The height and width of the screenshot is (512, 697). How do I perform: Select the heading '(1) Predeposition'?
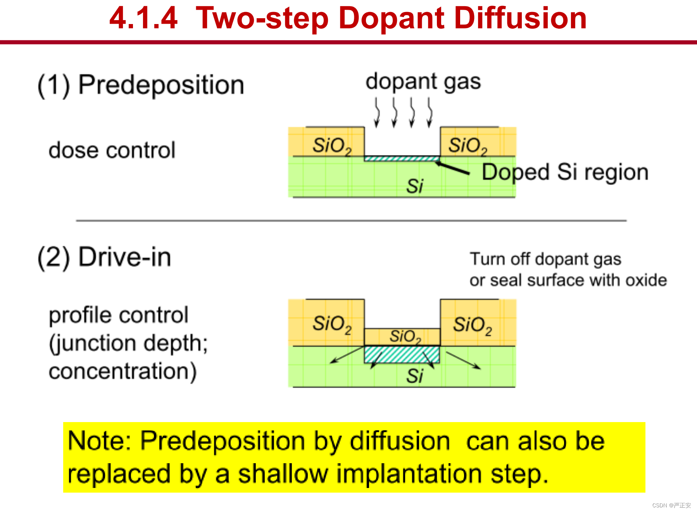141,85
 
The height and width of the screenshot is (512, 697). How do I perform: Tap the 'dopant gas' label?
423,82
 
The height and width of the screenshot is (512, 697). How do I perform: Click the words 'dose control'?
112,150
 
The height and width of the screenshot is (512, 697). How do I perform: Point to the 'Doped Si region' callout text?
565,172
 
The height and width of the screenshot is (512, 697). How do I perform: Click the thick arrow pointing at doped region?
452,167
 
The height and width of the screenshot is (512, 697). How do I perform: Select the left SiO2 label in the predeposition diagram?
332,146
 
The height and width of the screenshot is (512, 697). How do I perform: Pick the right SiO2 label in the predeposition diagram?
468,146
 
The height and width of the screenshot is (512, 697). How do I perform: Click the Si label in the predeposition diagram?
415,186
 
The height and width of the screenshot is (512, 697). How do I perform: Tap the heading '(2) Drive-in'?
104,257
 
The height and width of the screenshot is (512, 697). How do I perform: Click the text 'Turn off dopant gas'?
545,259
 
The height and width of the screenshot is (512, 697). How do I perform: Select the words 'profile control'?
119,315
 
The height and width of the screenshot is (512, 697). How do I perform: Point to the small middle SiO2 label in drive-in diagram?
405,336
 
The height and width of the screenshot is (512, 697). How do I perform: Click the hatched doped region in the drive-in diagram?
402,354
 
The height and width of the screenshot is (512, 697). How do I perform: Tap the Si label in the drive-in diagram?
415,376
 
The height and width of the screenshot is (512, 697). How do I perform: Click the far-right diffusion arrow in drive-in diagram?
464,360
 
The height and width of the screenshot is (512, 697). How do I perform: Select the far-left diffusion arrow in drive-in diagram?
347,355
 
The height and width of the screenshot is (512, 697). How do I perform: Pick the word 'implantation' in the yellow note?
409,474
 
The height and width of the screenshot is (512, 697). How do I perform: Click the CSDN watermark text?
671,505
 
